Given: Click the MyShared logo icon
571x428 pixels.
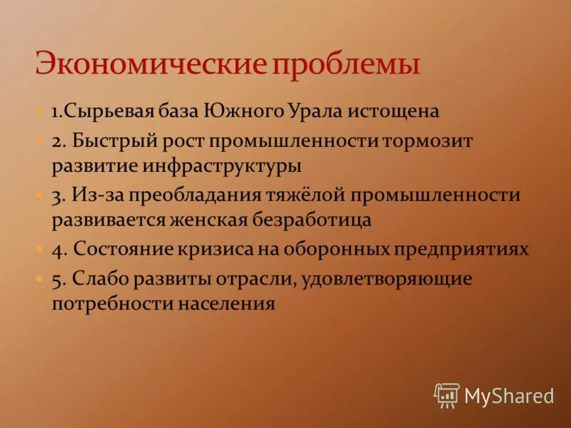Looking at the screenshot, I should [x=447, y=394].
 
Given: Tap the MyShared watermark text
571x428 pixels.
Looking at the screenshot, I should [x=509, y=395].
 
